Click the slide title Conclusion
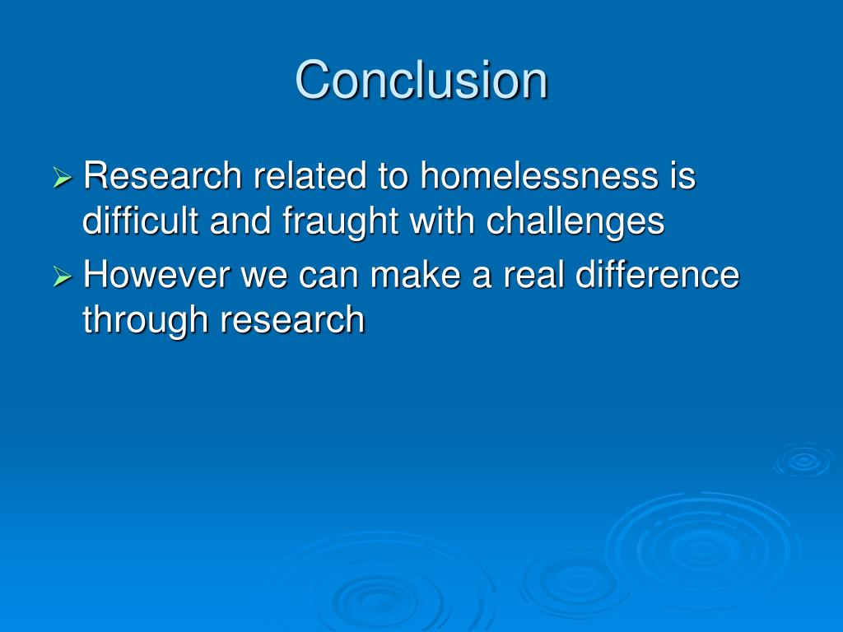point(421,80)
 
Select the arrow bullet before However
point(63,277)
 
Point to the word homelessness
point(528,177)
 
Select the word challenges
point(575,223)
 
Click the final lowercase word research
point(291,320)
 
